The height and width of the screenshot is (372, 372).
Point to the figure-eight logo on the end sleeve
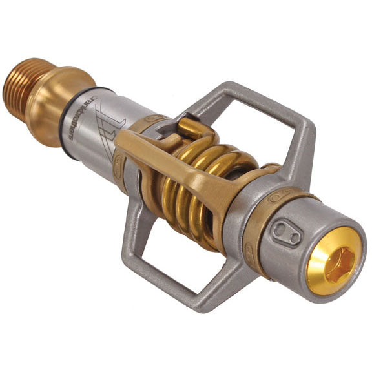coord(285,233)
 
